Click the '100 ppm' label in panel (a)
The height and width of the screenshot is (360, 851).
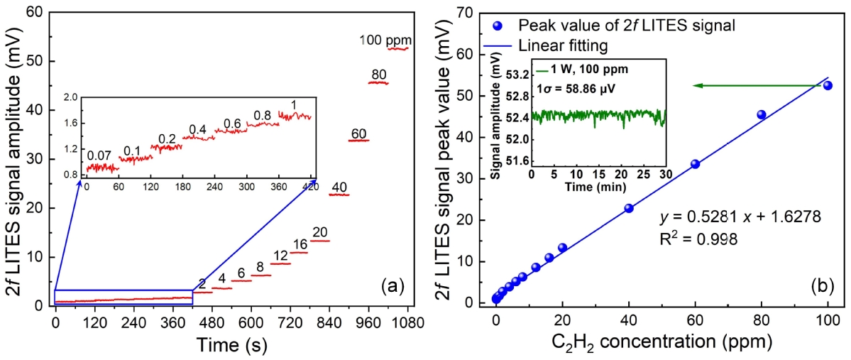coord(385,40)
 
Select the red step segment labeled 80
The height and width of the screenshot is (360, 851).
coord(378,83)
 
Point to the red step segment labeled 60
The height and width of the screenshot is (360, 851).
coord(358,140)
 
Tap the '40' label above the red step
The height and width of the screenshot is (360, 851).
coord(339,187)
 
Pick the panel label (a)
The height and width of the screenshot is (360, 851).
coord(392,286)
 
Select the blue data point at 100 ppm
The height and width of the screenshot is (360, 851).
coord(828,85)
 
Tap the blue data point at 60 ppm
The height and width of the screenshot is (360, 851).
coord(695,164)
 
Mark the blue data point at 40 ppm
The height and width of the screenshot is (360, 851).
coord(629,208)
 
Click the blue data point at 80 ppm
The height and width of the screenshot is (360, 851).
coord(762,114)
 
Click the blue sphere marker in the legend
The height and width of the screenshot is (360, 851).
coord(498,26)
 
